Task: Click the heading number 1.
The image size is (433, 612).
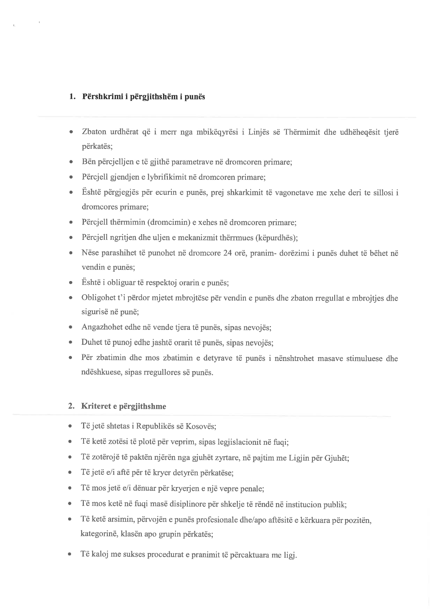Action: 72,97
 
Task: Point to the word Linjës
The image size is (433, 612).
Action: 258,132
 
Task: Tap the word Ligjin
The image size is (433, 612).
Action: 299,458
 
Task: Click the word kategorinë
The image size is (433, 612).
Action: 98,534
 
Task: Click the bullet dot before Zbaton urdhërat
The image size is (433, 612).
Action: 71,133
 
